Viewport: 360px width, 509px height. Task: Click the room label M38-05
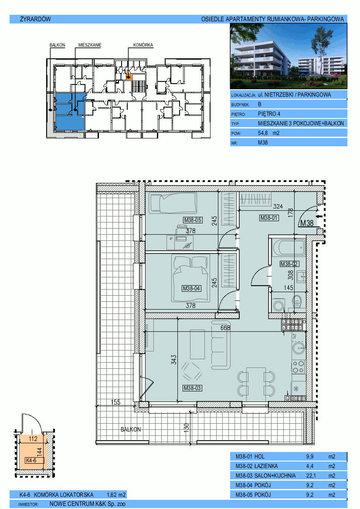click(193, 220)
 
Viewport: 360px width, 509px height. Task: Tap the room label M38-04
click(191, 288)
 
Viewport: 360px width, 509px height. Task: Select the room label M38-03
click(192, 388)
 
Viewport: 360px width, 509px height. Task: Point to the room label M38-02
click(289, 264)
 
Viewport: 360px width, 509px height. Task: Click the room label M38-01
click(269, 218)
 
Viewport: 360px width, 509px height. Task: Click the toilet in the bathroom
click(297, 301)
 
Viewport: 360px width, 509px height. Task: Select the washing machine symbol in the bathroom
click(278, 306)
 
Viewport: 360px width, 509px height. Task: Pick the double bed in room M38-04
click(191, 279)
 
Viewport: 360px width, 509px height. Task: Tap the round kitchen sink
click(298, 348)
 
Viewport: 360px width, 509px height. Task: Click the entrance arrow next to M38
click(319, 216)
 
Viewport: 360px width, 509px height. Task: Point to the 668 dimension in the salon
click(225, 328)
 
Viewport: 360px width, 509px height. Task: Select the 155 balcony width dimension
click(115, 402)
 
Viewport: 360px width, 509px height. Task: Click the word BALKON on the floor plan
click(131, 429)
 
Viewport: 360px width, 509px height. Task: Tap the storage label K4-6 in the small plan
click(31, 460)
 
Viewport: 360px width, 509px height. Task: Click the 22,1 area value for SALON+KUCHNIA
click(310, 475)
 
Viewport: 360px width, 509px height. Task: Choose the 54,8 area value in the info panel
click(263, 133)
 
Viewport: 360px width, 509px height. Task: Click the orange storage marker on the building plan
click(129, 77)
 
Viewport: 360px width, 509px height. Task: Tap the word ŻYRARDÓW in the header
click(35, 19)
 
